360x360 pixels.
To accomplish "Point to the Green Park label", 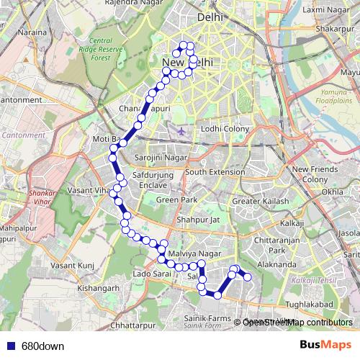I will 177,199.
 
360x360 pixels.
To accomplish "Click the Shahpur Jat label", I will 197,220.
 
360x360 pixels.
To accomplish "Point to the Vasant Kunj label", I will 72,265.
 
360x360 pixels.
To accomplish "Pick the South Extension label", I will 215,172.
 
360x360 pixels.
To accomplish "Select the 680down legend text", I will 42,346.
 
